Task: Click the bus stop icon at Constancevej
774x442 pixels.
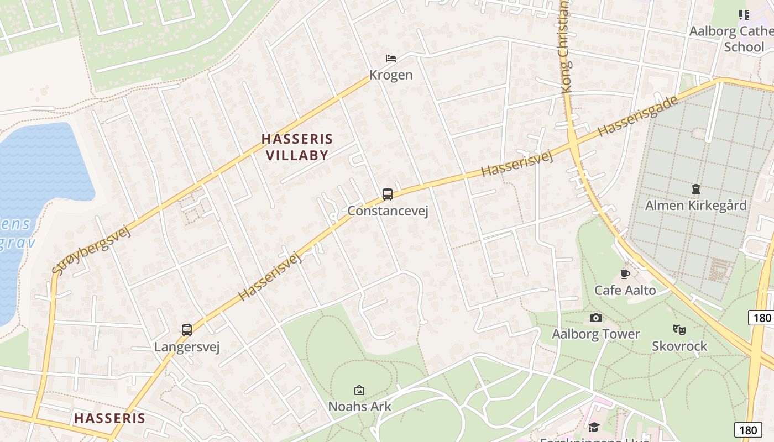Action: pos(388,194)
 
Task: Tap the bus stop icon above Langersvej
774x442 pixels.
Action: pos(187,330)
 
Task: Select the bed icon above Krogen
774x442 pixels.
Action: pos(391,59)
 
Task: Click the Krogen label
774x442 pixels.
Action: pos(391,75)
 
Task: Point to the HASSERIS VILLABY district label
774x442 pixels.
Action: pos(297,147)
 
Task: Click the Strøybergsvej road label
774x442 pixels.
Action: pos(92,250)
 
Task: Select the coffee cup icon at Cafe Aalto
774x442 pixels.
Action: pos(625,274)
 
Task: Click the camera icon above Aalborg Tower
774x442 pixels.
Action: pos(595,318)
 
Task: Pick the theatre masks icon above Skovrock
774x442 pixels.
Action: pos(679,330)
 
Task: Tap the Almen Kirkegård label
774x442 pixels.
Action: pos(695,206)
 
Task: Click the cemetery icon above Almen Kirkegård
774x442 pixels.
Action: pos(695,189)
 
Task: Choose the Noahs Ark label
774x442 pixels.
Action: pos(359,407)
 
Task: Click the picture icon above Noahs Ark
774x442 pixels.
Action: pos(359,390)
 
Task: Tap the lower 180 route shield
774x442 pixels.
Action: pos(748,430)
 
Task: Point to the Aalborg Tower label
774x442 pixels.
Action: pos(595,334)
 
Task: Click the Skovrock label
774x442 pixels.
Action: pos(679,346)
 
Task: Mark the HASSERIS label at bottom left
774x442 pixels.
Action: pos(109,418)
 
